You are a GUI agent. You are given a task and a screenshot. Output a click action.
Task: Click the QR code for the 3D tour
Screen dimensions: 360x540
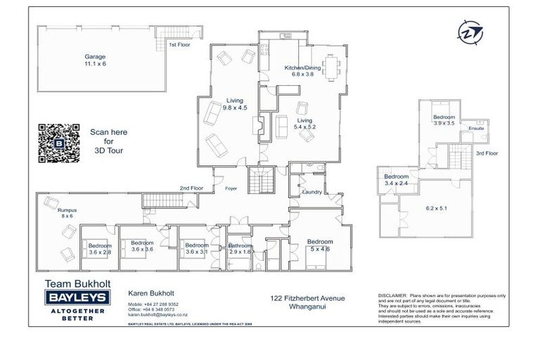click(58, 143)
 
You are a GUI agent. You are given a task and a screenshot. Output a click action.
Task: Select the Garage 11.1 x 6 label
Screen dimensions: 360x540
click(95, 60)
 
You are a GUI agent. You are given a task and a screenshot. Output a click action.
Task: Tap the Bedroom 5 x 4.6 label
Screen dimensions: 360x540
click(319, 244)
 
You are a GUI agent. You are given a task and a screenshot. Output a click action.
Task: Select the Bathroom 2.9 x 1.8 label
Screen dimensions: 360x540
click(240, 248)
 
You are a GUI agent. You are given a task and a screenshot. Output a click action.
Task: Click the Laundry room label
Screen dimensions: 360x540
click(311, 192)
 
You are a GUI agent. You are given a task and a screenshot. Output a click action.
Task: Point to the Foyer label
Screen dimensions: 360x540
click(231, 188)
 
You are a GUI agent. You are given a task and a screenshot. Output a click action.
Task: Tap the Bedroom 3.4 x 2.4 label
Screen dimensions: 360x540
click(397, 180)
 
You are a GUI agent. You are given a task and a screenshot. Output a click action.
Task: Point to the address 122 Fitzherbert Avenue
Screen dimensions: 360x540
click(307, 298)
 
